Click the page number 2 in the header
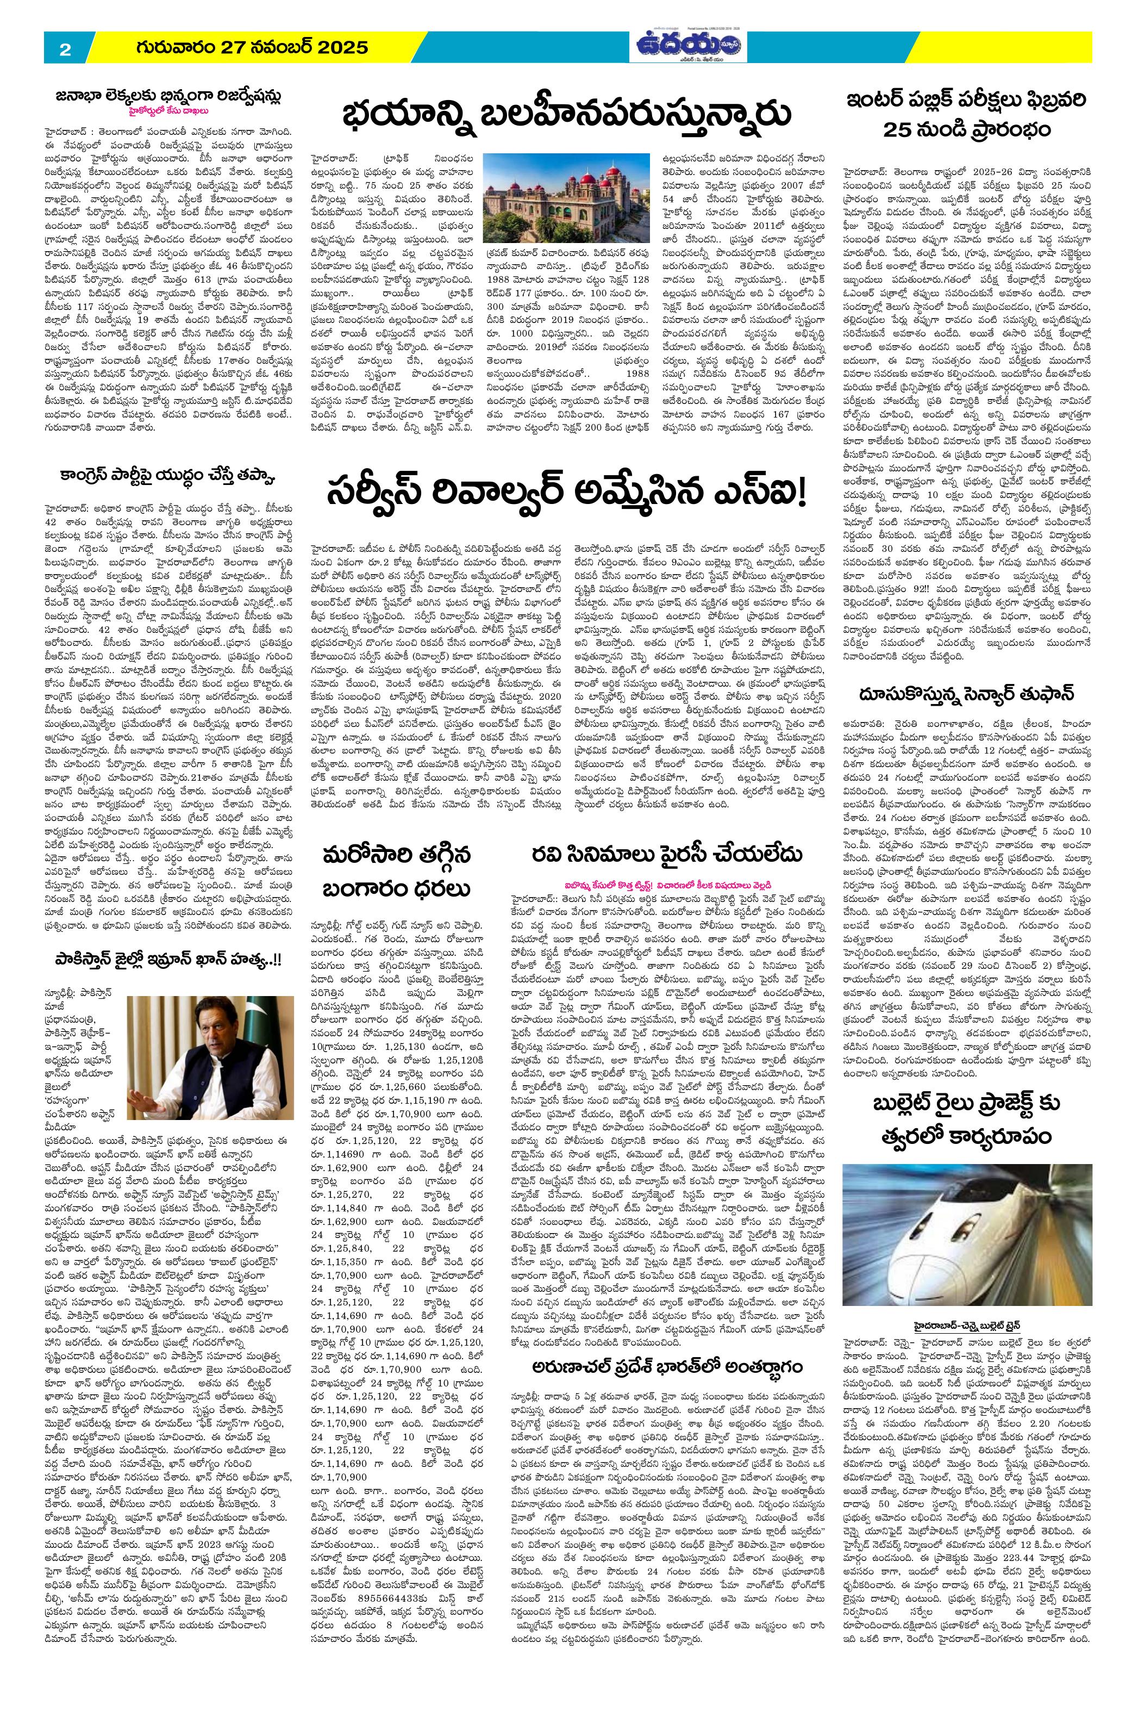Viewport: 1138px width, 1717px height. coord(65,50)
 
